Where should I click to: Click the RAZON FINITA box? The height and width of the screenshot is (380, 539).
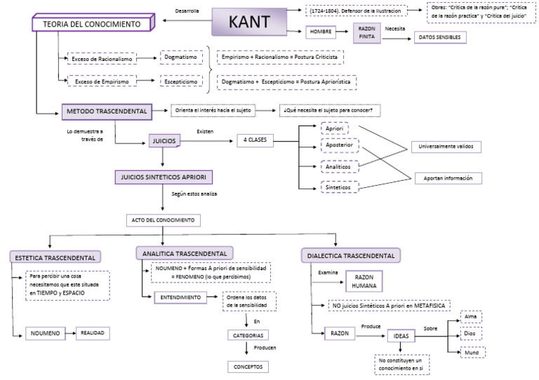[366, 33]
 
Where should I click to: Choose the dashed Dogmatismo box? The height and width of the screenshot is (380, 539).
[180, 58]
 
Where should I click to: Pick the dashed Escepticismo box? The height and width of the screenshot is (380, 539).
[182, 81]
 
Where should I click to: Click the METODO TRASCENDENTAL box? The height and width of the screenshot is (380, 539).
[107, 112]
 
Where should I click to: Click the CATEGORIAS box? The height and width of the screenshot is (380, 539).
[247, 335]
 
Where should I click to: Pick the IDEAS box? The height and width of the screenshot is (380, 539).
[401, 337]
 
